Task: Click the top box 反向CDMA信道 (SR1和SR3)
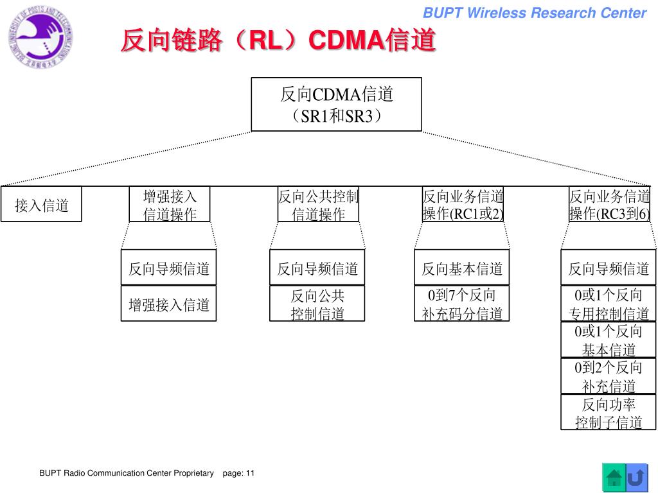click(336, 105)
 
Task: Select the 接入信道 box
click(41, 205)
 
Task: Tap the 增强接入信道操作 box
click(170, 205)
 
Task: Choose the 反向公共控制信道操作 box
click(318, 205)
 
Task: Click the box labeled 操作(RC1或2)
click(463, 205)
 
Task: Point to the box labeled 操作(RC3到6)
click(609, 205)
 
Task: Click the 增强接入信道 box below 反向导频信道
click(169, 304)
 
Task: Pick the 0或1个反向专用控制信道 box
click(609, 304)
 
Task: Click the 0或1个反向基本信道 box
click(609, 340)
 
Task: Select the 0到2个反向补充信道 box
click(609, 376)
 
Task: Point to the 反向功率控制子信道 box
click(609, 413)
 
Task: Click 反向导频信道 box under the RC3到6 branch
click(609, 268)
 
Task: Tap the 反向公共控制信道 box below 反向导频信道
click(317, 304)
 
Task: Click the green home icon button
click(614, 477)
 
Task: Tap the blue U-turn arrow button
click(636, 477)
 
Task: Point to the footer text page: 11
click(238, 473)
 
